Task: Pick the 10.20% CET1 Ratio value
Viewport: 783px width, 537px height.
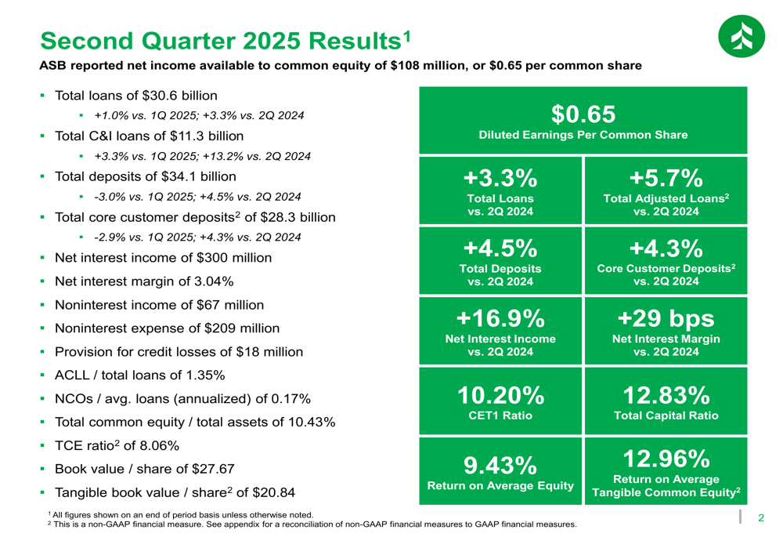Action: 501,394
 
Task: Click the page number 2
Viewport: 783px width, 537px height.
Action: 760,518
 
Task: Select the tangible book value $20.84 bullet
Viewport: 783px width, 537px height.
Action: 175,493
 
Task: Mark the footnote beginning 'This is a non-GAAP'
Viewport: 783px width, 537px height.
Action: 313,524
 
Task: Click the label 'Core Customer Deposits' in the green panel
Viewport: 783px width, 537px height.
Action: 665,269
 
